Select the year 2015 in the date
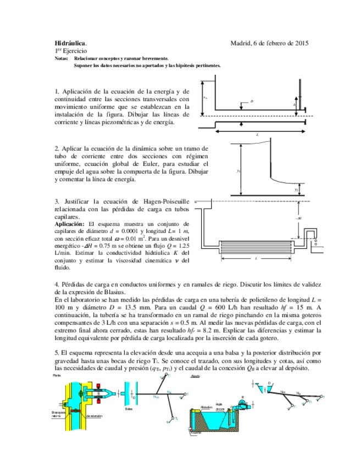point(301,43)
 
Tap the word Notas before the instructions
point(62,58)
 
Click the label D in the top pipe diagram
point(252,102)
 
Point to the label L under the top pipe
point(257,134)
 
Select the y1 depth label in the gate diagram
point(239,171)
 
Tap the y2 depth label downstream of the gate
point(296,189)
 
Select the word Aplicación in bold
point(70,224)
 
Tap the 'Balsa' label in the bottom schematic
point(129,409)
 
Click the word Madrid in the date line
point(241,43)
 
